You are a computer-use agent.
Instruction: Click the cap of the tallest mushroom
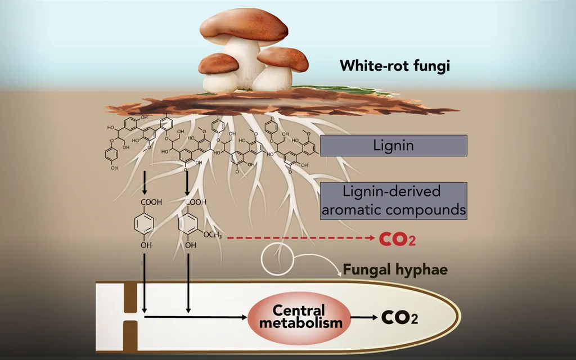coord(244,26)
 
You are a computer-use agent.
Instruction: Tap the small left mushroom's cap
coord(219,63)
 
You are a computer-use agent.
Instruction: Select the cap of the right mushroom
coord(283,58)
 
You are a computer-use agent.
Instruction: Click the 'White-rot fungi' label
coord(394,66)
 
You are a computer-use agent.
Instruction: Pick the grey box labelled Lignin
coord(393,146)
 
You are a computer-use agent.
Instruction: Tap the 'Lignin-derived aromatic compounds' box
coord(393,201)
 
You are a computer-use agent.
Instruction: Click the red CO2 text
coord(397,239)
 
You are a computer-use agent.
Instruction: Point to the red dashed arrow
coord(301,238)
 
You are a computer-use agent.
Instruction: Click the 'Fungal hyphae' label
coord(395,269)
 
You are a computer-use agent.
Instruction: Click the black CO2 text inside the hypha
coord(400,317)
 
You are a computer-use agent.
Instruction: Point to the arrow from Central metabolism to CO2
coord(364,317)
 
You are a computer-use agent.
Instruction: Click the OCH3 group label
coord(212,235)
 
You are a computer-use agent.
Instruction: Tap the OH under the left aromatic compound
coord(146,245)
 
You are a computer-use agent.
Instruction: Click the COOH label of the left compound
coord(151,202)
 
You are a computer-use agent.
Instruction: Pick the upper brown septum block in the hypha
coord(130,298)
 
